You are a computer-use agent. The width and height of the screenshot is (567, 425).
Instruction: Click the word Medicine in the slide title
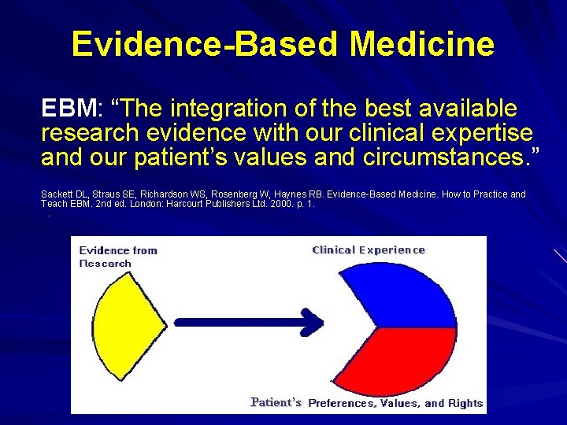tap(422, 44)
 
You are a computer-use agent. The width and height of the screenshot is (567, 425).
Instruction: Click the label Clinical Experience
tap(369, 250)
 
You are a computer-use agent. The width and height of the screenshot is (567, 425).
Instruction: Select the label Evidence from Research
tap(118, 257)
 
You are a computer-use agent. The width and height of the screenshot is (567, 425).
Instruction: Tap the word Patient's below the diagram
tap(276, 402)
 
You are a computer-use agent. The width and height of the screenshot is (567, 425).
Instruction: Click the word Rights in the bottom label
tap(465, 403)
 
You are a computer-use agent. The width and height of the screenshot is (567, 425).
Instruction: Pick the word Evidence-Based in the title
tap(206, 44)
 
